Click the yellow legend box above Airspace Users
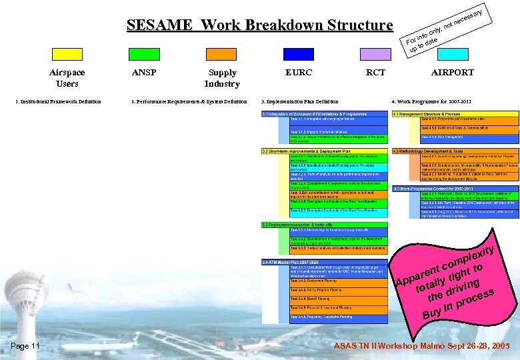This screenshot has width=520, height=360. click(x=67, y=54)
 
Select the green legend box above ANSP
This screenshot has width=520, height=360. click(x=144, y=54)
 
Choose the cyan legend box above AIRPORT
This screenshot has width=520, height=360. click(x=453, y=54)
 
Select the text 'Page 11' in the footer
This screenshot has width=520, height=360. click(x=26, y=346)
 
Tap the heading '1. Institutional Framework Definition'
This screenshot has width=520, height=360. click(x=58, y=101)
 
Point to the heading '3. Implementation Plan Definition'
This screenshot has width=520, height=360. click(x=300, y=101)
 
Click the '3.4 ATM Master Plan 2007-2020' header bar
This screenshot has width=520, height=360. click(x=323, y=262)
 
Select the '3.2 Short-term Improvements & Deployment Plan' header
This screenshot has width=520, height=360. click(x=323, y=151)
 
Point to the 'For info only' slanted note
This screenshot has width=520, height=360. click(x=427, y=37)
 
